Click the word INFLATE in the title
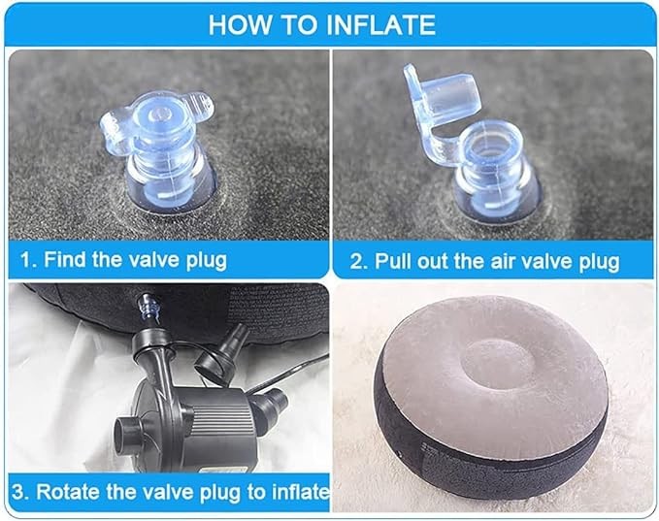pyautogui.click(x=380, y=25)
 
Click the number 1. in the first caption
pyautogui.click(x=28, y=260)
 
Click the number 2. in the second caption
pyautogui.click(x=358, y=261)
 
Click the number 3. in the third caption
pyautogui.click(x=19, y=492)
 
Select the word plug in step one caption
pyautogui.click(x=207, y=260)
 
